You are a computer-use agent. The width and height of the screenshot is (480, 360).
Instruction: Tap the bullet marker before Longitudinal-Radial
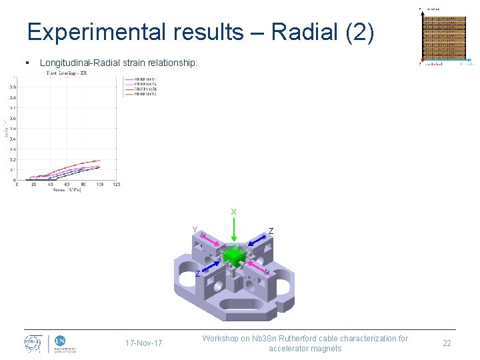(25, 63)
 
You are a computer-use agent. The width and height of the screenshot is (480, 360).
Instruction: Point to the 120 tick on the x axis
(116, 185)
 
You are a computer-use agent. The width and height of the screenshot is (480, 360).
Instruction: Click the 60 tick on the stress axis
(67, 185)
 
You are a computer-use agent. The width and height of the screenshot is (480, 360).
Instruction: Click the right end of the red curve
(100, 160)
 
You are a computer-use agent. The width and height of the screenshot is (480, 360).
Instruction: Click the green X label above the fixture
(233, 212)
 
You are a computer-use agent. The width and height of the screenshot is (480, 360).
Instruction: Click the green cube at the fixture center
(234, 256)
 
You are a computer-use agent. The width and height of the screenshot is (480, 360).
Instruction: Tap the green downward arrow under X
(233, 230)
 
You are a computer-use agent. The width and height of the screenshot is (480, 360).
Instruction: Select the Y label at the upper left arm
(195, 230)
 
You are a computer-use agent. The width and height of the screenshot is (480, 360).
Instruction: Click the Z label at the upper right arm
(271, 231)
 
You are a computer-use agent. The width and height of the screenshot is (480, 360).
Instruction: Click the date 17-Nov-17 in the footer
(143, 343)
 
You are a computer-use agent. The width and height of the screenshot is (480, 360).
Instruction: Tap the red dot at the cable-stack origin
(421, 64)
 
